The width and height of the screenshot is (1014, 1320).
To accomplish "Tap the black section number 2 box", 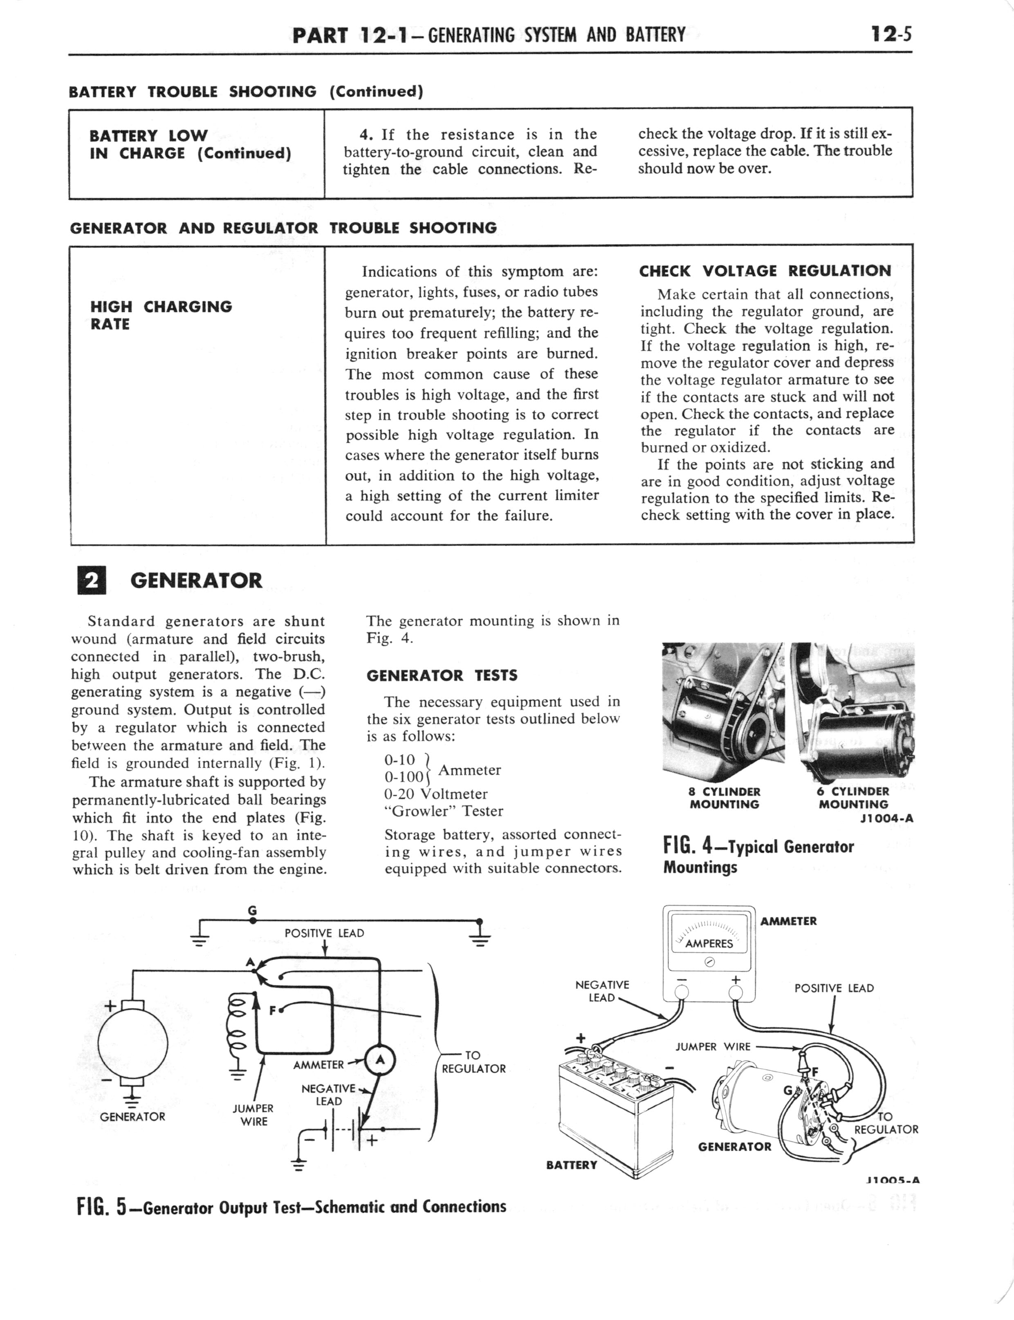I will tap(92, 580).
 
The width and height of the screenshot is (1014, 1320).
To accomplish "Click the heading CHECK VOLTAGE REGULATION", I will tap(765, 271).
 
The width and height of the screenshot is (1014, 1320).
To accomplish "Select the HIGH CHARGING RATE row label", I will tap(161, 315).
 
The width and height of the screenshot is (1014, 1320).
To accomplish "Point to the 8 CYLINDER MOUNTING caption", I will tap(724, 798).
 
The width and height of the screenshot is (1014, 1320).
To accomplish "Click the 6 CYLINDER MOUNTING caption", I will tap(853, 798).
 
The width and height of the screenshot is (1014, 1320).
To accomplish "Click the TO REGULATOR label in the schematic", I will tap(473, 1062).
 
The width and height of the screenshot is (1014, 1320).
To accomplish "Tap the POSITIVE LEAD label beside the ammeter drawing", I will tap(834, 988).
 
